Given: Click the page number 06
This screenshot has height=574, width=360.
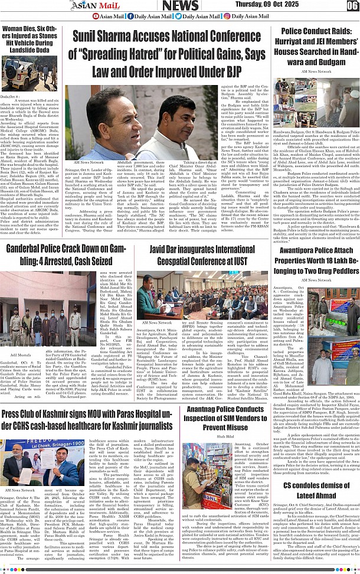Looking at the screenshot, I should tap(352, 6).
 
